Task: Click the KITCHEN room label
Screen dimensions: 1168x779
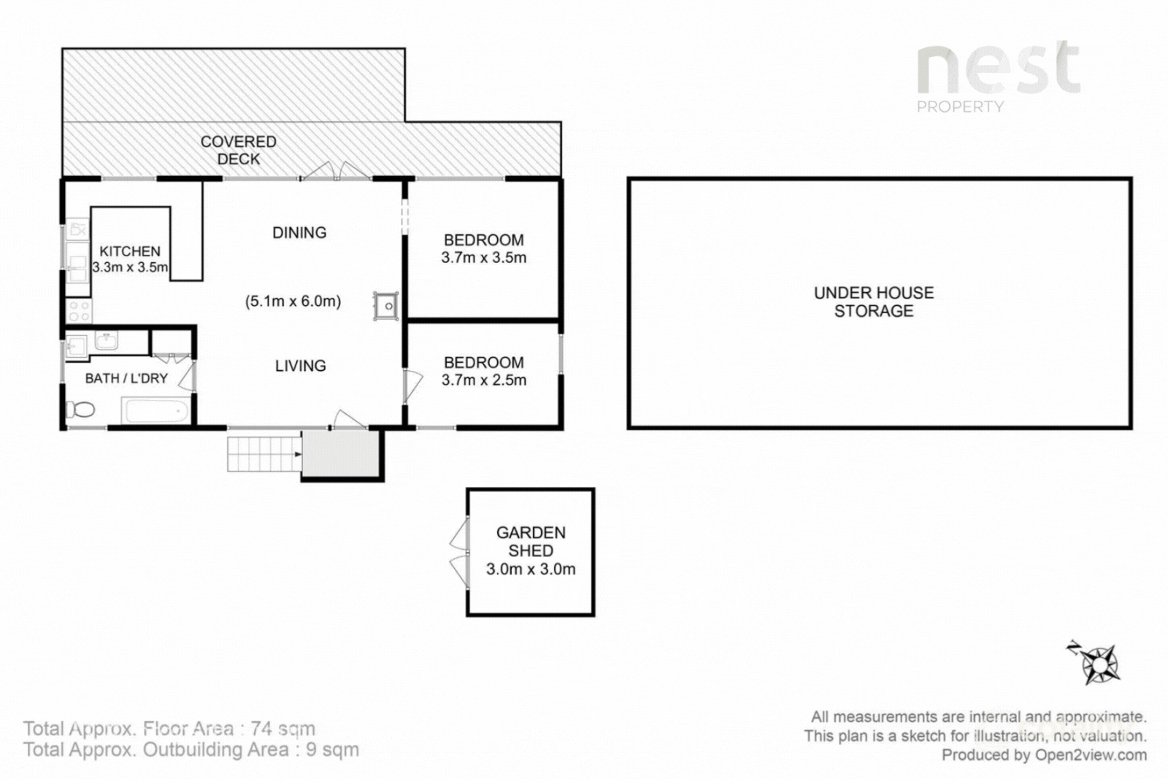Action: tap(130, 251)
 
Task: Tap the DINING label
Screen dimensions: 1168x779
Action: tap(299, 233)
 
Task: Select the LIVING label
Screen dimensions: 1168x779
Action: tap(300, 366)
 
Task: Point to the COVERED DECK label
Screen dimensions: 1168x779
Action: tap(238, 150)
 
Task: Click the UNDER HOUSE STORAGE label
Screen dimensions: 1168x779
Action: tap(874, 302)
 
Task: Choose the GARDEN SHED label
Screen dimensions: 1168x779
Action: tap(531, 542)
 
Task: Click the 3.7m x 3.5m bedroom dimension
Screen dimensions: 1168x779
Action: tap(484, 258)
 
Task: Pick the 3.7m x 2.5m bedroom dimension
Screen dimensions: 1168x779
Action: tap(484, 380)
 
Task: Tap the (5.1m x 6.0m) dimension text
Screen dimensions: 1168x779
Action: tap(293, 302)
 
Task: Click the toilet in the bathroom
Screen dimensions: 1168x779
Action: tap(80, 410)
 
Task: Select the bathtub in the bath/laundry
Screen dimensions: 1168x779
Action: tap(155, 411)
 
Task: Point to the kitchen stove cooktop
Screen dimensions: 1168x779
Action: tap(79, 311)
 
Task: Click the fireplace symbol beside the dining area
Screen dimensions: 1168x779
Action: tap(386, 306)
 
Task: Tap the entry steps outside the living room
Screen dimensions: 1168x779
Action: tap(264, 454)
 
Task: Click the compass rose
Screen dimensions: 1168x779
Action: tap(1095, 663)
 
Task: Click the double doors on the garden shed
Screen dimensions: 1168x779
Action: tap(459, 552)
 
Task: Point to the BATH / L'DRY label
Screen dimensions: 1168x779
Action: tap(126, 379)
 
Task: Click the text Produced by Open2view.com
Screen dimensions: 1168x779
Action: tap(1044, 755)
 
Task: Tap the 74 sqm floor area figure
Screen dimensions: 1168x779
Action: tap(283, 728)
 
